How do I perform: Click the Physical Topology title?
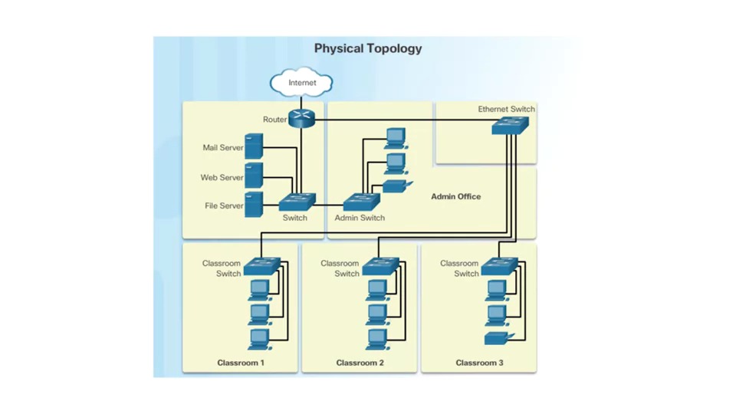(x=368, y=48)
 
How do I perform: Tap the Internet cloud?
(x=302, y=83)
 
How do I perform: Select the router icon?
(x=302, y=119)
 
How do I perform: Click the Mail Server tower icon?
(x=254, y=146)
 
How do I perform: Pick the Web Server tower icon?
(x=254, y=176)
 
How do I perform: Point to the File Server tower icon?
(x=254, y=205)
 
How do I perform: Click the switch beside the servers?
(x=297, y=202)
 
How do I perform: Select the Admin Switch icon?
(x=361, y=202)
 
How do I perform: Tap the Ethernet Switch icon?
(x=510, y=126)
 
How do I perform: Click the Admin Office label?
(x=455, y=197)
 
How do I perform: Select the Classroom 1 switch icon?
(x=261, y=266)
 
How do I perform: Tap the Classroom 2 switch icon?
(x=380, y=266)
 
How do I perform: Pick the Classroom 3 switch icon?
(x=499, y=266)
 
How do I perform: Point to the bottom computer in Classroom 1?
(x=259, y=338)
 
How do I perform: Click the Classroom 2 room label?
(x=360, y=363)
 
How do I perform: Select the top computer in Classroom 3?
(x=496, y=290)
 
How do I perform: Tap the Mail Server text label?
(x=222, y=148)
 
